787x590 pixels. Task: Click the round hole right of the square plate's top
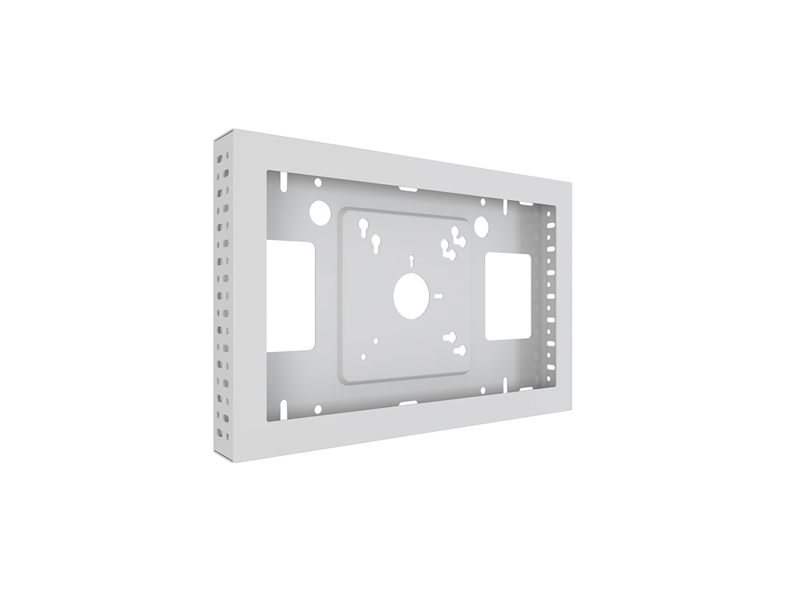[482, 226]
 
